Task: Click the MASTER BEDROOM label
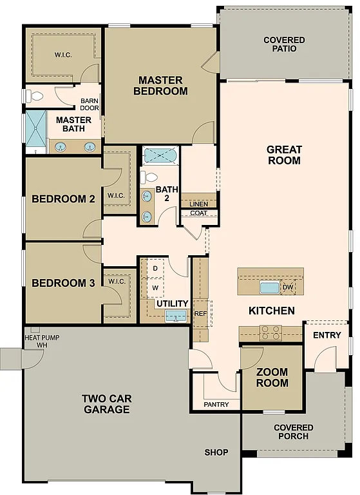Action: tap(160, 86)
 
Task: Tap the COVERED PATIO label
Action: tap(284, 44)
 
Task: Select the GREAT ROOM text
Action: tap(284, 155)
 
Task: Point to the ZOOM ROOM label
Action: tap(272, 378)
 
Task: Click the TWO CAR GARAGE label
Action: tap(106, 403)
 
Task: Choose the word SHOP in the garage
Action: tap(216, 452)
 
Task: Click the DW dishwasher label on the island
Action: tap(288, 287)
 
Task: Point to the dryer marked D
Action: tap(155, 267)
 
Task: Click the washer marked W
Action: tap(155, 287)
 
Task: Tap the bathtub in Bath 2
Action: tap(160, 155)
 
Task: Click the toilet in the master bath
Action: tap(35, 97)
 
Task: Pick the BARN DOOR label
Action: tap(90, 104)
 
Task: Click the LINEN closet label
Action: tap(199, 204)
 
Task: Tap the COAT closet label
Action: tap(198, 213)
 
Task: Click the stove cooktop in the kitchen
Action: tap(270, 333)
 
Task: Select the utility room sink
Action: tap(175, 315)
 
